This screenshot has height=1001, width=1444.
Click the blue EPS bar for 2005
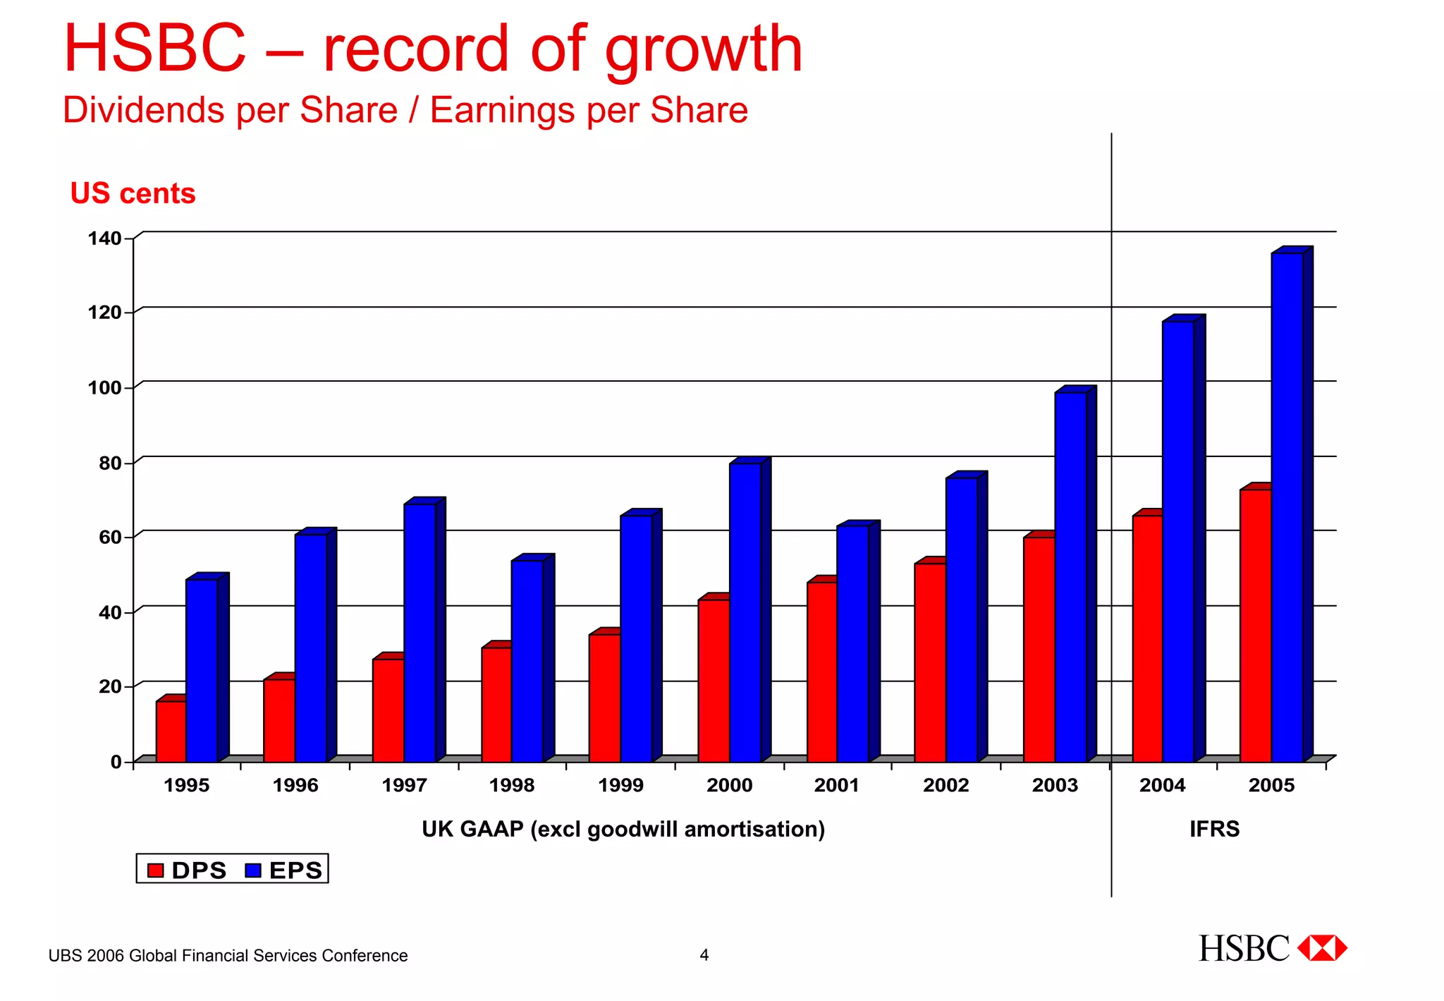[x=1287, y=508]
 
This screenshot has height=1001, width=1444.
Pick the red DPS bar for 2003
[x=1039, y=649]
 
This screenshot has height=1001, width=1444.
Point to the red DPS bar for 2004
[x=1147, y=638]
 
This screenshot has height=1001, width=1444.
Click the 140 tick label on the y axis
[x=104, y=238]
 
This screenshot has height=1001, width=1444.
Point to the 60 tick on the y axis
[x=110, y=538]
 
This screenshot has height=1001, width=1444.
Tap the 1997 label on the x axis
[x=404, y=785]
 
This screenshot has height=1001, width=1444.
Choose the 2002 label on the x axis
[x=946, y=785]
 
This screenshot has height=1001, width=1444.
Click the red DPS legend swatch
[x=155, y=870]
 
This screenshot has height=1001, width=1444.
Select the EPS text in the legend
[x=295, y=870]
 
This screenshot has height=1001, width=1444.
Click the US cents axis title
[x=133, y=193]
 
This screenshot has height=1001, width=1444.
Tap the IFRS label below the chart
[x=1214, y=829]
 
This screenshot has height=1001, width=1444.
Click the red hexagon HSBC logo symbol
[x=1322, y=948]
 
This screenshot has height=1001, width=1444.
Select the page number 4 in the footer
[x=704, y=955]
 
